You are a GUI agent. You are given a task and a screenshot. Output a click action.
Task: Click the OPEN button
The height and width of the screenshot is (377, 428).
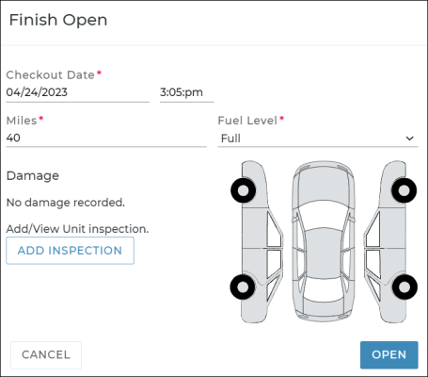pyautogui.click(x=388, y=354)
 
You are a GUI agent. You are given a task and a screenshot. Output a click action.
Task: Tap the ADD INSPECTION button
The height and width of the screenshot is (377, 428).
pyautogui.click(x=70, y=251)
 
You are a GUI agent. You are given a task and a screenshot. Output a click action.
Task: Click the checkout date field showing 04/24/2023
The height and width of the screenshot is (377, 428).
pyautogui.click(x=77, y=92)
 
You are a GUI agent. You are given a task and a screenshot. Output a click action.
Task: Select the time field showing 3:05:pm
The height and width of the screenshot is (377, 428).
pyautogui.click(x=186, y=92)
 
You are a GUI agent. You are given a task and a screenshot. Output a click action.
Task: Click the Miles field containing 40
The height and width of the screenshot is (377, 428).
pyautogui.click(x=106, y=138)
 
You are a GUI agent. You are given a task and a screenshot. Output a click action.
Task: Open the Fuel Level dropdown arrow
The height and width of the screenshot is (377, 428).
pyautogui.click(x=409, y=139)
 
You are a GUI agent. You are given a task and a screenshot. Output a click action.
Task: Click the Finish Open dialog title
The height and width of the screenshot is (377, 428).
pyautogui.click(x=58, y=20)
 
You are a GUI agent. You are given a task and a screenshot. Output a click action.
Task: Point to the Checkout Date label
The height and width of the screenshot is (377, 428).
pyautogui.click(x=50, y=74)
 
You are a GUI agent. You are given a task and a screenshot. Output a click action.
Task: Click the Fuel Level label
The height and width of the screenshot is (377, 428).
pyautogui.click(x=247, y=121)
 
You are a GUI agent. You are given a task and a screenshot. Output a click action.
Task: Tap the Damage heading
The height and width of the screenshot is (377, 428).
pyautogui.click(x=33, y=175)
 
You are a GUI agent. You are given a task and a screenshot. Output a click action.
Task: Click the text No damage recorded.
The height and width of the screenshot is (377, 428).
pyautogui.click(x=66, y=203)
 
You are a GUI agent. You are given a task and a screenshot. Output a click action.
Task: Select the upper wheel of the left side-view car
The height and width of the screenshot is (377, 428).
pyautogui.click(x=243, y=190)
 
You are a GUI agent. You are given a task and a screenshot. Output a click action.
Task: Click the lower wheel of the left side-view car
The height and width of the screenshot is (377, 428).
pyautogui.click(x=243, y=287)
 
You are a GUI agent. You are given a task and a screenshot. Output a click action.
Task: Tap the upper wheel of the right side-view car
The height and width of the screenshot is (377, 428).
pyautogui.click(x=404, y=190)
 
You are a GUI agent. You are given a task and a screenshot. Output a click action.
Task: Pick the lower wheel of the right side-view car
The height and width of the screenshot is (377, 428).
pyautogui.click(x=404, y=287)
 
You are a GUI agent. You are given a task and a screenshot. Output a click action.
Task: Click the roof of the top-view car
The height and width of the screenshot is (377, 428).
pyautogui.click(x=324, y=253)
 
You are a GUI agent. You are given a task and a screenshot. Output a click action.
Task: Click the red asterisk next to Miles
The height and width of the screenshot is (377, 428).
pyautogui.click(x=41, y=118)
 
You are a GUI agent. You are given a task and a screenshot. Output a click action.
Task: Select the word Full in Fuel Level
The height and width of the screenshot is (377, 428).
pyautogui.click(x=230, y=139)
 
